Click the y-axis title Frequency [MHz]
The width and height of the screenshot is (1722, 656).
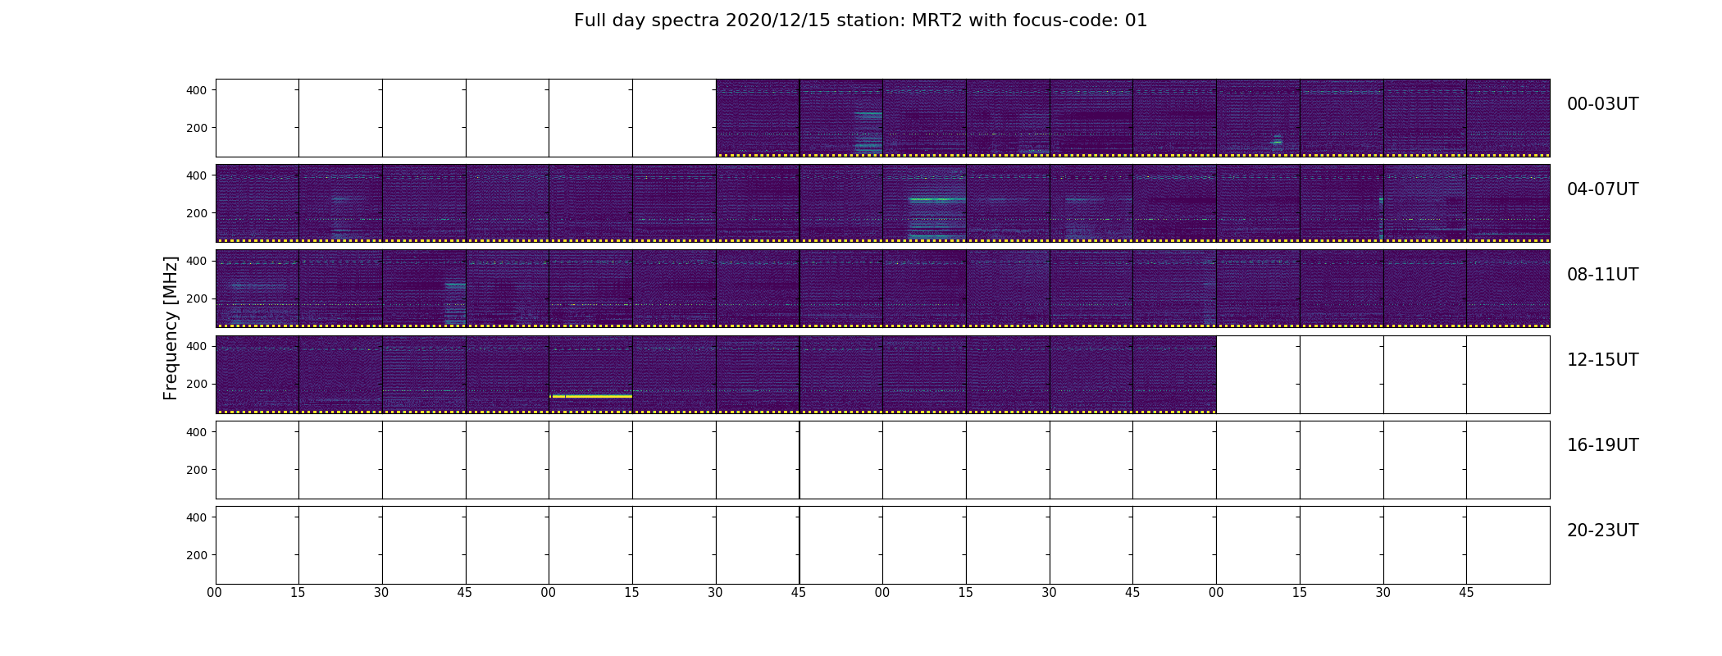(x=171, y=328)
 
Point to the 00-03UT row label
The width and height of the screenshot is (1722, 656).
(x=1602, y=104)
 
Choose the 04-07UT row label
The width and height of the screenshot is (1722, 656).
(x=1602, y=189)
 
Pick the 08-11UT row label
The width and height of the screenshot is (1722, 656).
(x=1602, y=275)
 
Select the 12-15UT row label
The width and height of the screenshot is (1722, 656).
(x=1602, y=360)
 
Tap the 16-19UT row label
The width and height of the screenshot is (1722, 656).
(x=1602, y=445)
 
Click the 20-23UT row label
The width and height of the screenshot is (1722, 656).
(x=1602, y=531)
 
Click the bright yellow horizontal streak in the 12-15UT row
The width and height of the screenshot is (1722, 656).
(x=591, y=396)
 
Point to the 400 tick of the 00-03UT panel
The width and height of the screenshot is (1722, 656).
(x=197, y=90)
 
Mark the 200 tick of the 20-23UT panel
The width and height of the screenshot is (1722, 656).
(x=197, y=555)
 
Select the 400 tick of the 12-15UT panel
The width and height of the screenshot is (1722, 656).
(x=197, y=346)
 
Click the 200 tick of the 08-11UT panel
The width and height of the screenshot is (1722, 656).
(x=197, y=298)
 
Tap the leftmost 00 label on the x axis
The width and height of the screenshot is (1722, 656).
(x=215, y=593)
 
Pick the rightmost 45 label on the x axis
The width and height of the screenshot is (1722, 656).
(x=1466, y=593)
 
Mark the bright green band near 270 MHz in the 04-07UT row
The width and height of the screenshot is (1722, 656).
(x=936, y=199)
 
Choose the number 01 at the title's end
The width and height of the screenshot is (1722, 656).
(x=1137, y=20)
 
